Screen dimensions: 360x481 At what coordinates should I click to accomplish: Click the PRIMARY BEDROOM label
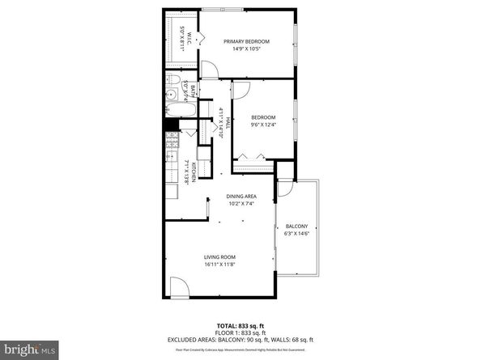[x=246, y=41]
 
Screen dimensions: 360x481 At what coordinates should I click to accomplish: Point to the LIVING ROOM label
[x=218, y=256]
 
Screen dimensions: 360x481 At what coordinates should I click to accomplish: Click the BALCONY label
[x=297, y=226]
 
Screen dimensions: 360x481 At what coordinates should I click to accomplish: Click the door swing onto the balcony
[x=285, y=188]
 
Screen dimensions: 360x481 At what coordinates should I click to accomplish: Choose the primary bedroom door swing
[x=210, y=70]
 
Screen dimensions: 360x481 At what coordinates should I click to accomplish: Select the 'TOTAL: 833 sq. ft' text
[x=240, y=324]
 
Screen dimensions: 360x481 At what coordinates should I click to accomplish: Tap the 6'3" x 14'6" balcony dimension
[x=297, y=235]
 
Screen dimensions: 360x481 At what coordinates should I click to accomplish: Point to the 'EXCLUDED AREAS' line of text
[x=240, y=339]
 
